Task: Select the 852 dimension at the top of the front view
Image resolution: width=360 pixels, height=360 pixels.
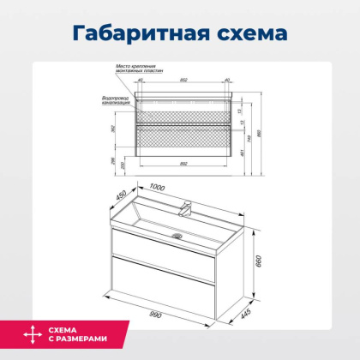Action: pos(185,80)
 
